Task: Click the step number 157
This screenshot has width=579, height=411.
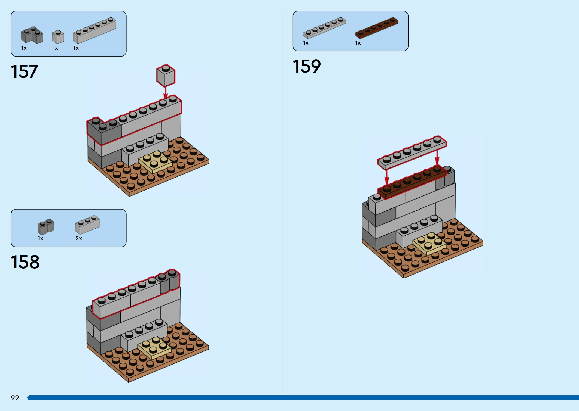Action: (x=25, y=71)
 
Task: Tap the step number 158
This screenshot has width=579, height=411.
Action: (x=25, y=262)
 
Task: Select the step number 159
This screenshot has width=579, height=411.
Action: (x=307, y=66)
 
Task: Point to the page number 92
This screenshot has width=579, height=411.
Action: (x=15, y=398)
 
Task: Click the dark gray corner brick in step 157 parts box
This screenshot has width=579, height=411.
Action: (x=32, y=35)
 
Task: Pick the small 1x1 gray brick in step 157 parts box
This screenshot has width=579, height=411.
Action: (x=58, y=37)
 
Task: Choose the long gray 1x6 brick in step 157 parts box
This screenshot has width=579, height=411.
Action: (x=95, y=30)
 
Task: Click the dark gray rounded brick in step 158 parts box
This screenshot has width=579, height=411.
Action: (x=46, y=227)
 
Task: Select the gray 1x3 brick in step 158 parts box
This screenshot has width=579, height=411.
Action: (x=87, y=225)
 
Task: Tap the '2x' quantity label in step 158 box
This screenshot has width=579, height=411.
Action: (x=79, y=238)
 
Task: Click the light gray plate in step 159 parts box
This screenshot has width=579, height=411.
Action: (x=324, y=28)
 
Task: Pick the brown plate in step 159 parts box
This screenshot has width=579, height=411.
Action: (x=377, y=28)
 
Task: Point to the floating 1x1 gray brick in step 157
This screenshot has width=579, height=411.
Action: (x=166, y=76)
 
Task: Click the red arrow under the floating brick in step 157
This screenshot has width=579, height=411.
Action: (x=165, y=93)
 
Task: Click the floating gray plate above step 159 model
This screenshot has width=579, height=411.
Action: (x=412, y=152)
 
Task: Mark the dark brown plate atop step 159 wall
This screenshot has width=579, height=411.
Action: (x=412, y=182)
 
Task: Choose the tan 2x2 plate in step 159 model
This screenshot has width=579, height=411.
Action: (x=430, y=244)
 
